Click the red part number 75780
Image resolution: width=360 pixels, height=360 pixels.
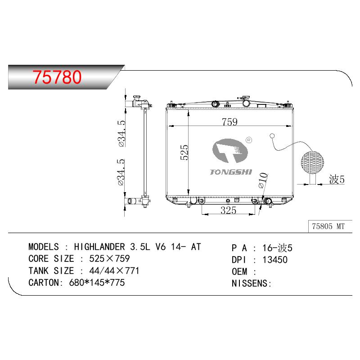pyautogui.click(x=57, y=77)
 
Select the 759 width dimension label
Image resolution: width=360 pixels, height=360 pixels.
pyautogui.click(x=229, y=121)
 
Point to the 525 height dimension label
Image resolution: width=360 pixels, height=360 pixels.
pyautogui.click(x=184, y=152)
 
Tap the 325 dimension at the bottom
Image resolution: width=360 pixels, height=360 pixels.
pyautogui.click(x=228, y=210)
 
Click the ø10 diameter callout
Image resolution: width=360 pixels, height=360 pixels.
pyautogui.click(x=263, y=180)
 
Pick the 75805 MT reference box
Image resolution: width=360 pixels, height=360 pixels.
pyautogui.click(x=328, y=226)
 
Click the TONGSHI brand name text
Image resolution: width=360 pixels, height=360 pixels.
pyautogui.click(x=231, y=172)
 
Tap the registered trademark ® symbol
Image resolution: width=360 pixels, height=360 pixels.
pyautogui.click(x=249, y=140)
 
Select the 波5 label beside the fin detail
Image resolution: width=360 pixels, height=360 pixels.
pyautogui.click(x=337, y=179)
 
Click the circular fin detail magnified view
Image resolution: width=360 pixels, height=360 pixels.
pyautogui.click(x=312, y=162)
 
